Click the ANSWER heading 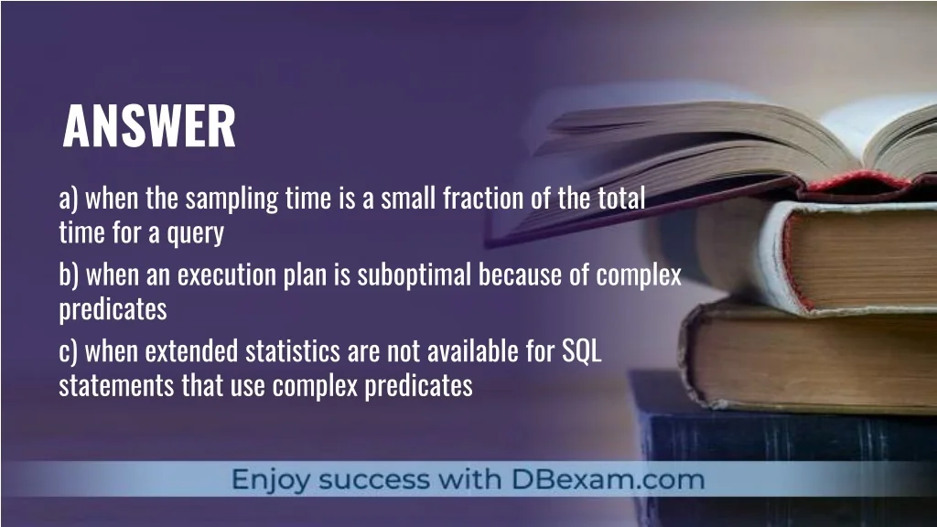[x=149, y=125]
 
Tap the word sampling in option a [x=232, y=199]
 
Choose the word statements [x=116, y=386]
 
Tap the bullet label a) [x=69, y=199]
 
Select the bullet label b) [x=69, y=275]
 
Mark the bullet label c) [x=68, y=351]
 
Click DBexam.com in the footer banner [x=608, y=479]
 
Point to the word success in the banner [x=374, y=480]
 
